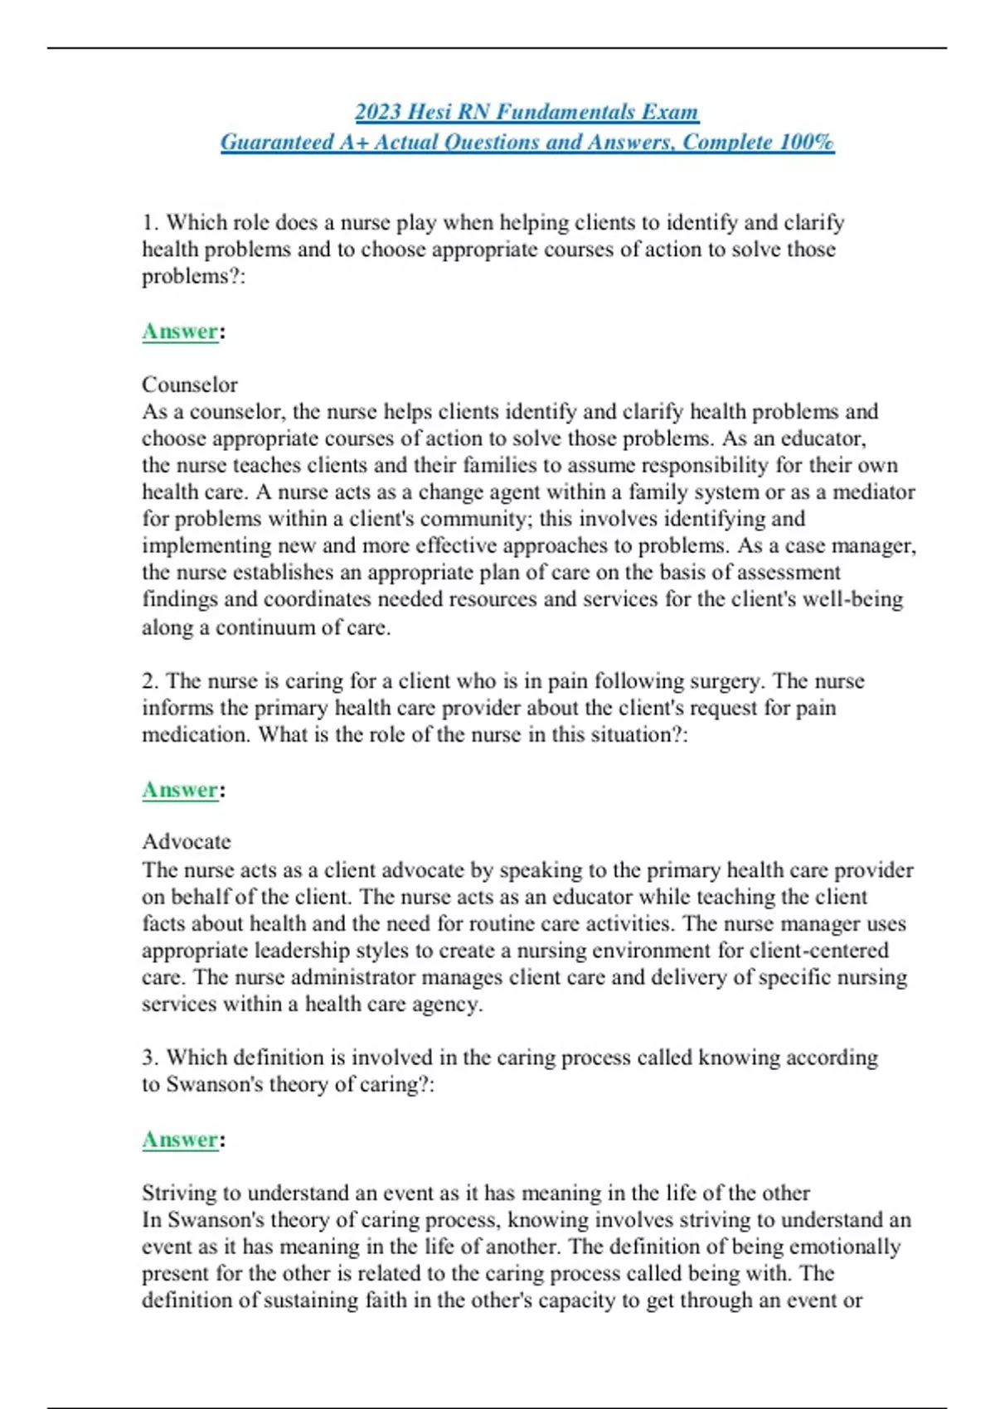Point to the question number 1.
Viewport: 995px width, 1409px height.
[x=148, y=222]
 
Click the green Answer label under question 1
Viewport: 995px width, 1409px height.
[x=180, y=332]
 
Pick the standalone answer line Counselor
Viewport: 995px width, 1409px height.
[x=189, y=385]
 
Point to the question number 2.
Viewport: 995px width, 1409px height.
[x=148, y=681]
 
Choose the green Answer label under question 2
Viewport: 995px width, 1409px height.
[x=180, y=790]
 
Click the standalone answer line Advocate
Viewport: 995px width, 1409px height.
[x=187, y=842]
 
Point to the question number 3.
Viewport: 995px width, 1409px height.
[x=148, y=1058]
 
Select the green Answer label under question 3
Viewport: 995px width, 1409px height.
[x=180, y=1140]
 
